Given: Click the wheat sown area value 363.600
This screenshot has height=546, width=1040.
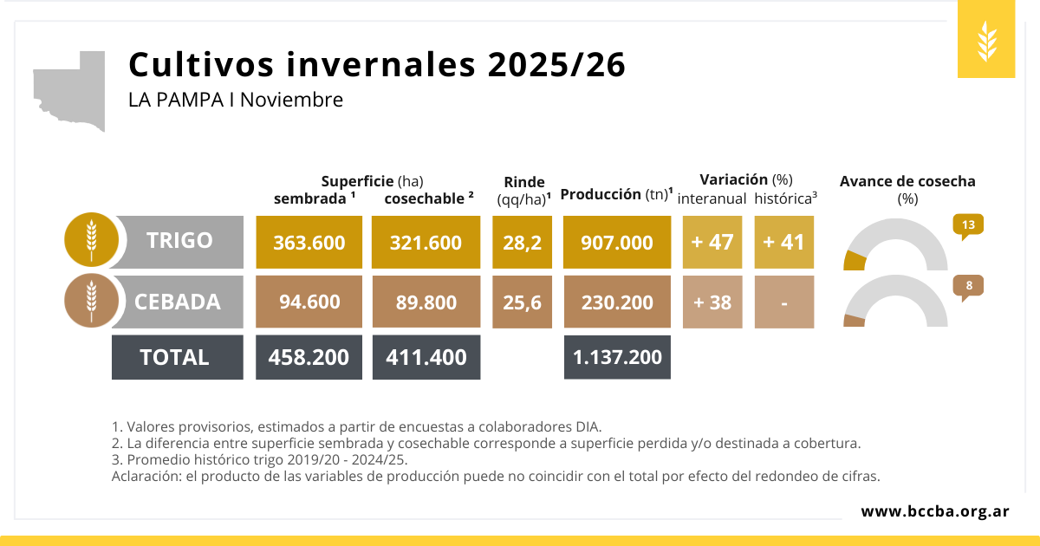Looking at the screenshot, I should (x=309, y=242).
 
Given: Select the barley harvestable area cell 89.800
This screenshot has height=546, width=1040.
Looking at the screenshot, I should (x=426, y=302).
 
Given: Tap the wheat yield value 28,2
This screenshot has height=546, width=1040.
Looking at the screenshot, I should (x=522, y=242).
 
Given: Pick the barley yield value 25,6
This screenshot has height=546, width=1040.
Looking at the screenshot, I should (x=522, y=302).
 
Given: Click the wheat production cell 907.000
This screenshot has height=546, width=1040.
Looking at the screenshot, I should (x=617, y=242).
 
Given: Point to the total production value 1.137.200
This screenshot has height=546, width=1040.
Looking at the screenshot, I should (x=617, y=357).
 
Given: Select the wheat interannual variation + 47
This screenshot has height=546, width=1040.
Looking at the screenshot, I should (x=712, y=242).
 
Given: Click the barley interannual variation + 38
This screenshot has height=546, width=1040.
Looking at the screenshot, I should (x=712, y=302).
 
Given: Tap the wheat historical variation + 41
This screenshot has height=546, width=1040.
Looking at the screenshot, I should (x=784, y=242).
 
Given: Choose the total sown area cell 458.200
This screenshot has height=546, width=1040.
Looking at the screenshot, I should (x=309, y=357).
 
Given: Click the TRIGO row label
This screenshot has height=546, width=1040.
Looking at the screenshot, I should (x=179, y=240).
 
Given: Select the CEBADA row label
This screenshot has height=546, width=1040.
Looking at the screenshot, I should (x=178, y=302).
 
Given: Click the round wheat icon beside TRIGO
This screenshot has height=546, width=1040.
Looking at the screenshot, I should (x=91, y=239).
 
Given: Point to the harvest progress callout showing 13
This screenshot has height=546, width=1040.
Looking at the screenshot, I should (x=968, y=225).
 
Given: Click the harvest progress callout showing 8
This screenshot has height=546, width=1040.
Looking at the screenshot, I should (x=968, y=285).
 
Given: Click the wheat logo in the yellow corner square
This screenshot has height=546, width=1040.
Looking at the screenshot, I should (x=986, y=42).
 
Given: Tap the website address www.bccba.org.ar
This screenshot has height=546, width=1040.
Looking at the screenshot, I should (x=934, y=511).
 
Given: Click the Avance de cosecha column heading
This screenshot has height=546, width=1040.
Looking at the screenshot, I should (x=907, y=182).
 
